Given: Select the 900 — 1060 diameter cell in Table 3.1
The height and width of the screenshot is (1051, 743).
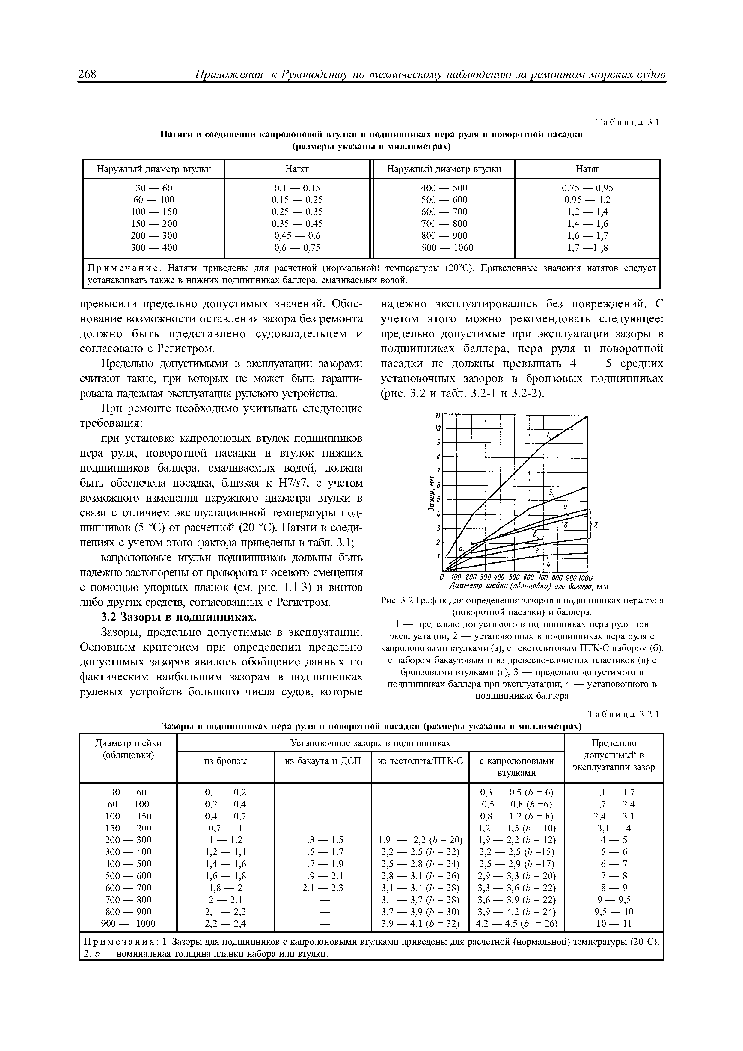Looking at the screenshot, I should tap(447, 248).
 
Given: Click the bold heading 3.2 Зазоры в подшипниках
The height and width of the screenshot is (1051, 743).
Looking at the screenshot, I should tap(179, 617).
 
